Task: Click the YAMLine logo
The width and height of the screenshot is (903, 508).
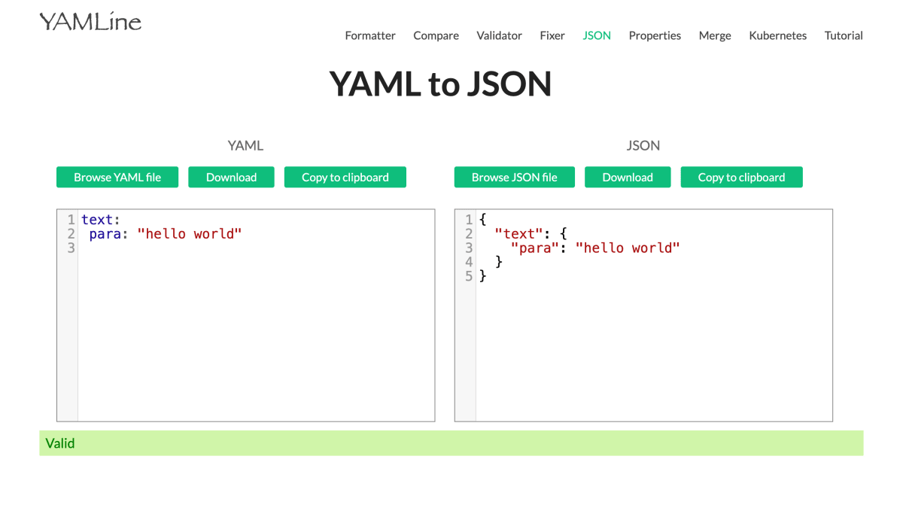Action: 90,22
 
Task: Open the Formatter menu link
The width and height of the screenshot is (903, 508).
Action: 370,35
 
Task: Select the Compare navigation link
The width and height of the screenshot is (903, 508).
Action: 436,35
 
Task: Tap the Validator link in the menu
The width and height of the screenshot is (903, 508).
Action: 499,35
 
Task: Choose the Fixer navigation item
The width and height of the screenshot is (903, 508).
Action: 552,35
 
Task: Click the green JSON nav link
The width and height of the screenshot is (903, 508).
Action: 597,35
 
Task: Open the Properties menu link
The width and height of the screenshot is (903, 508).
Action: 655,35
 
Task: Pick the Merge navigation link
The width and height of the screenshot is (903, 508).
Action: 715,35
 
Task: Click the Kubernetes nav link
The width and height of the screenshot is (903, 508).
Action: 777,35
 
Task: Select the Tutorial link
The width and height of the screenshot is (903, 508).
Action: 844,35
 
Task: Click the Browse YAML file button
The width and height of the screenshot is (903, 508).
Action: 117,177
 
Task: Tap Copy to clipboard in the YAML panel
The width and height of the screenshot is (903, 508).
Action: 345,177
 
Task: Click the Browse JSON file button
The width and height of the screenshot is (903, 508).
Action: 515,177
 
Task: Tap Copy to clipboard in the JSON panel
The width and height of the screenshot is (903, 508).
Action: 741,177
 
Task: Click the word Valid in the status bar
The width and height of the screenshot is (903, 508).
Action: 60,443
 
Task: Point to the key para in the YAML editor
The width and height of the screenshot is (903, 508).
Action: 105,234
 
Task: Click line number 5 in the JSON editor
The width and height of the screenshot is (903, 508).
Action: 468,276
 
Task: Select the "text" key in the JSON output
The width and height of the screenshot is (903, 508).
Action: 518,234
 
